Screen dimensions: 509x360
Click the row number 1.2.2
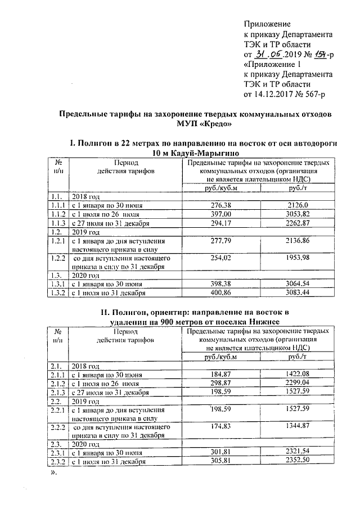tap(55, 258)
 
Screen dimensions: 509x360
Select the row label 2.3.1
tap(55, 452)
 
